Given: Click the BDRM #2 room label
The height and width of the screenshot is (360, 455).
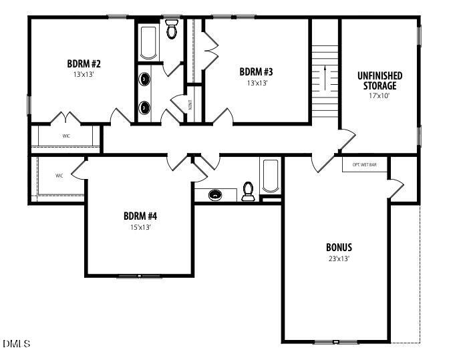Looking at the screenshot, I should [x=84, y=63].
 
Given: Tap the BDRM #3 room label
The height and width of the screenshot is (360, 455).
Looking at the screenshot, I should [x=256, y=71].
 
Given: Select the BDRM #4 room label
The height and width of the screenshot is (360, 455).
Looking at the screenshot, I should [x=140, y=216].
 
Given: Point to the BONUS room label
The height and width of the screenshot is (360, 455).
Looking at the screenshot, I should [x=339, y=247].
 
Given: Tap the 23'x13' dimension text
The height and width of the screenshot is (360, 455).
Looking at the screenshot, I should [x=339, y=258].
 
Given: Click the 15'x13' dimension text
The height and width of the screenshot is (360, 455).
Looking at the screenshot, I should [x=140, y=227].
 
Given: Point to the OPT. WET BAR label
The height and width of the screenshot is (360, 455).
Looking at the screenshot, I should [x=365, y=164].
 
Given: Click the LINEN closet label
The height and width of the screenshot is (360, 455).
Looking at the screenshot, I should [x=190, y=104].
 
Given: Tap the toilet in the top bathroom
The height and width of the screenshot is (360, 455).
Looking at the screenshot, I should [x=172, y=29].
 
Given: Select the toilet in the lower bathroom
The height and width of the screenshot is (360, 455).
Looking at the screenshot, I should [x=249, y=192].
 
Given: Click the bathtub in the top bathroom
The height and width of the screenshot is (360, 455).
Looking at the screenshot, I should [x=148, y=42].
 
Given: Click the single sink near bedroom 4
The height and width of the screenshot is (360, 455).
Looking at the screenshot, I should [x=215, y=195].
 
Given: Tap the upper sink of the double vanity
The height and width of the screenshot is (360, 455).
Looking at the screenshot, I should [x=145, y=79].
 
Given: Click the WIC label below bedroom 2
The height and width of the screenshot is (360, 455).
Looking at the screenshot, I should [x=66, y=136].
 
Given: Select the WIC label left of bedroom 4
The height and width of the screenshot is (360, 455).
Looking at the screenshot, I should [x=59, y=176].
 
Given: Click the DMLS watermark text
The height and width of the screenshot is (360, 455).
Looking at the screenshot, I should [x=17, y=344].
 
